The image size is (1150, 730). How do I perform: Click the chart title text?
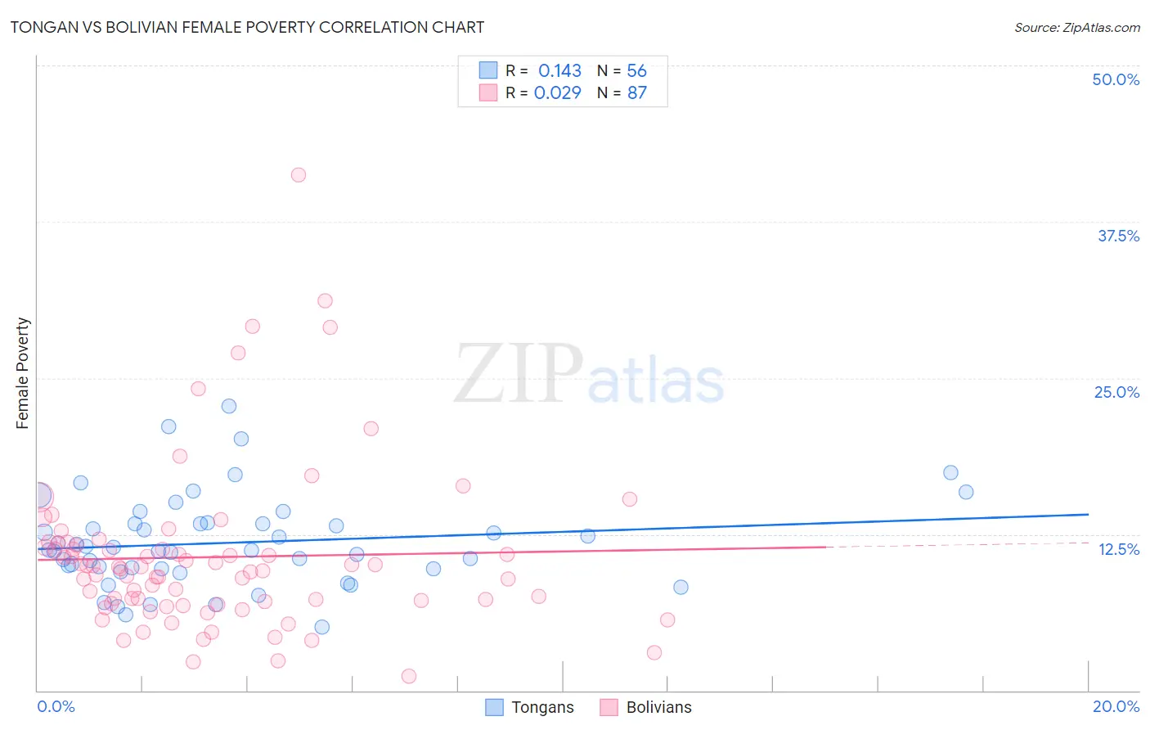coord(247,27)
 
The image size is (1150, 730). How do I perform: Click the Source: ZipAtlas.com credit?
coord(1076,27)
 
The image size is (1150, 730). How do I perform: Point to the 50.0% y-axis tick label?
coord(1116,79)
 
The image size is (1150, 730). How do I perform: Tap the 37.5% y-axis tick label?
coord(1118,236)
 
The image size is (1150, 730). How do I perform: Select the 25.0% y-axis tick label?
coord(1116,392)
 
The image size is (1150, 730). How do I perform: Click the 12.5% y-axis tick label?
coord(1118,549)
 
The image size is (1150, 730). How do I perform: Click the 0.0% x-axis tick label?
coord(56,706)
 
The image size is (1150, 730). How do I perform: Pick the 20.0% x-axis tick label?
coord(1116,706)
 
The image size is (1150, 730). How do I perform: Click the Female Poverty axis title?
coord(22,373)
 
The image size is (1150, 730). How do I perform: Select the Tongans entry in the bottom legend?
coord(529,707)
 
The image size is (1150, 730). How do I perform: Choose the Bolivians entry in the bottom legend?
coord(645,707)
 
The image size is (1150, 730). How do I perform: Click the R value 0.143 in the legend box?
coord(559,71)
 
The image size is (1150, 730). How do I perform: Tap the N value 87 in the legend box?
coord(636,92)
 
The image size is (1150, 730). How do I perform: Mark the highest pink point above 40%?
coord(299,174)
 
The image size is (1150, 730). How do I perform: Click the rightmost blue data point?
coord(966,492)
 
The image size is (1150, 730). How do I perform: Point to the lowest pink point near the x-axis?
coord(409,676)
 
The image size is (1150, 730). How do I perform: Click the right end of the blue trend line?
coord(1088,514)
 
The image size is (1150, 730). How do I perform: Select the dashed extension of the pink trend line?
coord(957,544)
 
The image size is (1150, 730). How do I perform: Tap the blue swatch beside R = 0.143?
coord(488,70)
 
